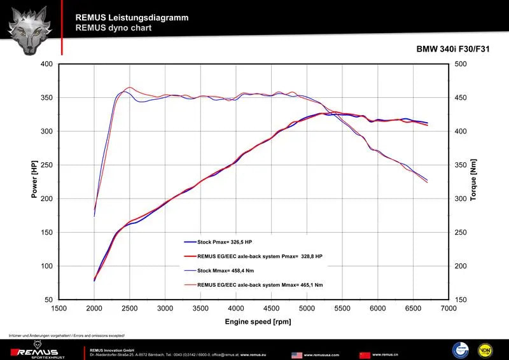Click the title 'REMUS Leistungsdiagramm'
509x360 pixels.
(132, 18)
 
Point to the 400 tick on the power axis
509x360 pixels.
(46, 64)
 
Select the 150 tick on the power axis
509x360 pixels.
(46, 232)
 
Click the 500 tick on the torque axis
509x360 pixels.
(461, 64)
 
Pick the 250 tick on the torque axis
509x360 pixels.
(461, 232)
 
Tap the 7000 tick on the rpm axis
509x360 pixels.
(449, 308)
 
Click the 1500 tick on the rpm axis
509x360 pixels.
(59, 308)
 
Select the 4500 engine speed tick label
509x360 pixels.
(272, 308)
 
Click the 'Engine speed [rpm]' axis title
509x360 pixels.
(258, 321)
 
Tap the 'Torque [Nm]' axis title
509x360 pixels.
(473, 180)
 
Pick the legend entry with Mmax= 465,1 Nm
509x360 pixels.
(260, 284)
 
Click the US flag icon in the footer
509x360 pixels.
(296, 354)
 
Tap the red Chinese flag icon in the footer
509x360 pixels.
(365, 354)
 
